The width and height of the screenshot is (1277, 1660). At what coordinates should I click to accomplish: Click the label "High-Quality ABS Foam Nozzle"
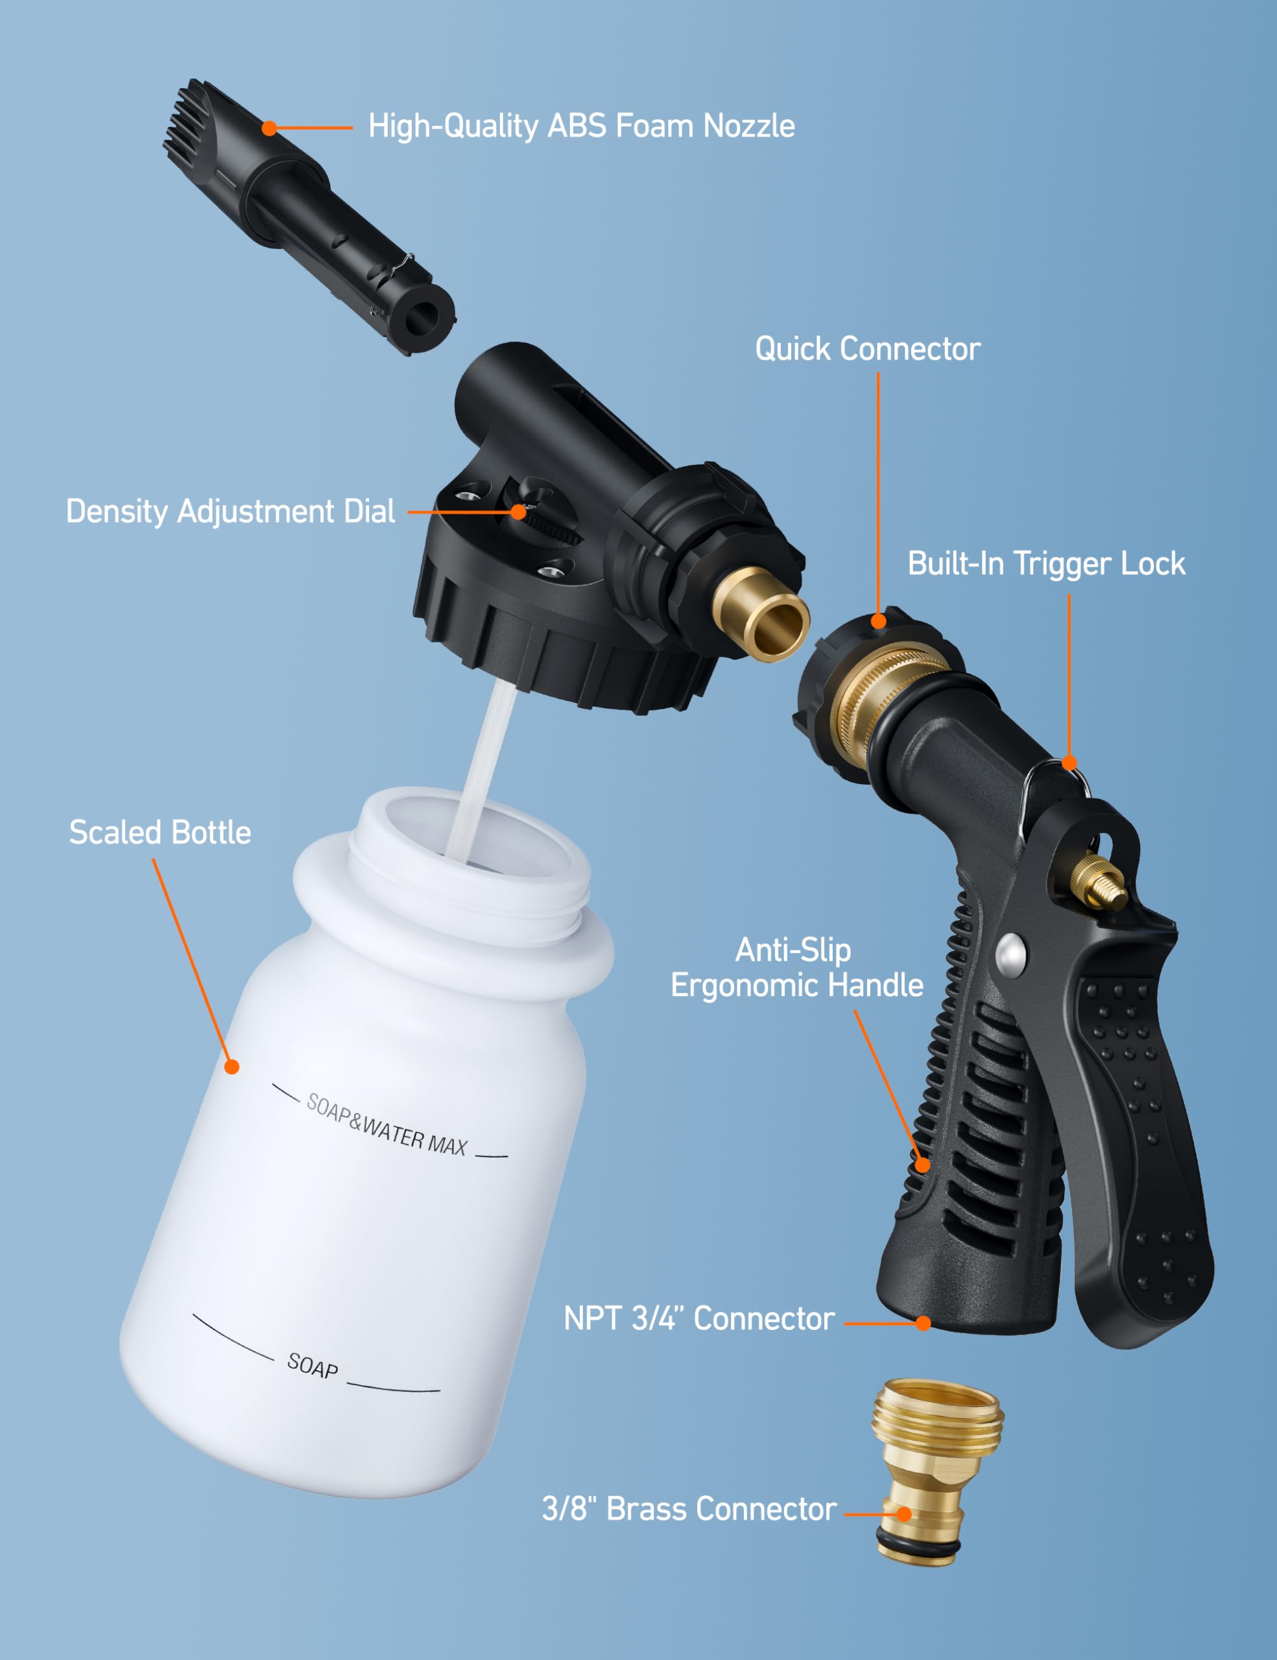point(582,126)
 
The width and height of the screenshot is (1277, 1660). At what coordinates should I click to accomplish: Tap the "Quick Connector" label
point(867,349)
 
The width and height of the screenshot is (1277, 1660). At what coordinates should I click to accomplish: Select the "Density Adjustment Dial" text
point(230,512)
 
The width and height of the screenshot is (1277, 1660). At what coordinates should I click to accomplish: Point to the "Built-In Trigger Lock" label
point(1046,564)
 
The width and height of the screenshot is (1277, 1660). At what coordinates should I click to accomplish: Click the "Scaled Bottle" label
point(160,833)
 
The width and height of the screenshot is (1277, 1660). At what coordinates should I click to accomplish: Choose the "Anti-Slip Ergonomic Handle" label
point(796,967)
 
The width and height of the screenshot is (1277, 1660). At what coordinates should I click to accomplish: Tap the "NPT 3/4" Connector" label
point(699,1319)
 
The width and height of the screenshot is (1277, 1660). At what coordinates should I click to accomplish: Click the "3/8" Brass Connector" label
point(689,1510)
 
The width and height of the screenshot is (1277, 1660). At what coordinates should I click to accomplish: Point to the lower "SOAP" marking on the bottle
point(313,1366)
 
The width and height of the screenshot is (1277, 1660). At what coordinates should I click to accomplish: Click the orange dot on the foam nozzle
point(269,128)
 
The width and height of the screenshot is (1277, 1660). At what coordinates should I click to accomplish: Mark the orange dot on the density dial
point(518,512)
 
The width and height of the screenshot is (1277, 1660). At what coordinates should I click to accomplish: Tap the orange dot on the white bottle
point(232,1067)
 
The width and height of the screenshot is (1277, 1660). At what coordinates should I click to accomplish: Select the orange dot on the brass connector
point(904,1514)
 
